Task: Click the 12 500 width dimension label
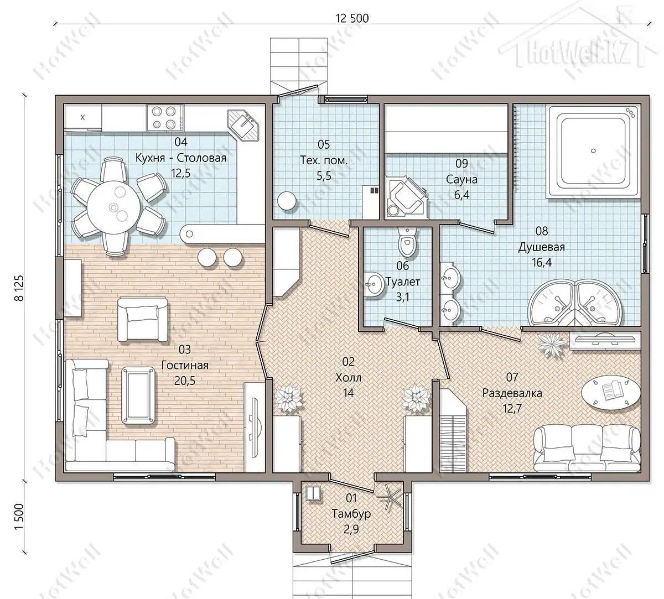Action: click(x=352, y=18)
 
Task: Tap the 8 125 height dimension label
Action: click(x=19, y=288)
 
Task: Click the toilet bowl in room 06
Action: click(x=407, y=242)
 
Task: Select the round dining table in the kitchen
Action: click(x=113, y=207)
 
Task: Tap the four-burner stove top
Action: click(x=164, y=117)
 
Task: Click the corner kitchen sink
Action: click(x=243, y=126)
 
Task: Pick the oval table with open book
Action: click(x=611, y=392)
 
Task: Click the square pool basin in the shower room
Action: click(x=593, y=151)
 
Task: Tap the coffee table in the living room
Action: click(x=138, y=396)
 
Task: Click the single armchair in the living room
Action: click(x=143, y=319)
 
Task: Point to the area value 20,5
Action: click(x=185, y=381)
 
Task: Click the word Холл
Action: click(x=348, y=377)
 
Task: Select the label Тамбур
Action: click(x=351, y=514)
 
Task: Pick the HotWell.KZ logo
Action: click(x=578, y=53)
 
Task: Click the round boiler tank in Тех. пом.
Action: click(x=287, y=201)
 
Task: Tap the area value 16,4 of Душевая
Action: click(x=542, y=262)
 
